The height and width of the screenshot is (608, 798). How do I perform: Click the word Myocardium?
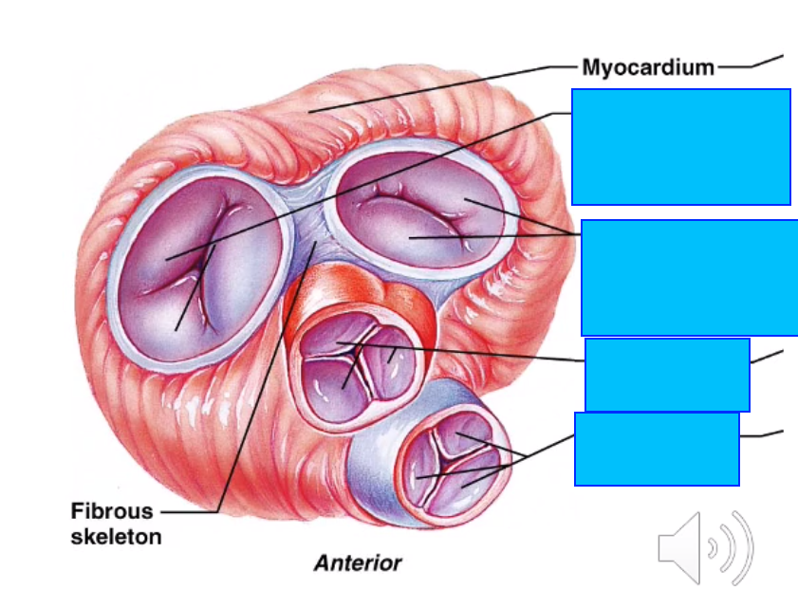pos(647,66)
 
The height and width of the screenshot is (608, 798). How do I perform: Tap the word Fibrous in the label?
pos(111,512)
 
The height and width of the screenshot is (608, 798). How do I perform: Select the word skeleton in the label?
pos(116,537)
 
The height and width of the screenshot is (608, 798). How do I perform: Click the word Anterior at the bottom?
pos(358,562)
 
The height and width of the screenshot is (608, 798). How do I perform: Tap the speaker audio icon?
pos(705,547)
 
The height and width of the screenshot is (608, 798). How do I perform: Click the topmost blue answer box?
pos(680,147)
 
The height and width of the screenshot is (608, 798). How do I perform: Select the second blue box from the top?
pos(689,277)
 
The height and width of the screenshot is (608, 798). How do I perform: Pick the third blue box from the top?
pos(667,374)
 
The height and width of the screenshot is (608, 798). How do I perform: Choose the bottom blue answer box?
pos(657,449)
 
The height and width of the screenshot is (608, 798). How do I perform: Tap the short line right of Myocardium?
pos(750,64)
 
